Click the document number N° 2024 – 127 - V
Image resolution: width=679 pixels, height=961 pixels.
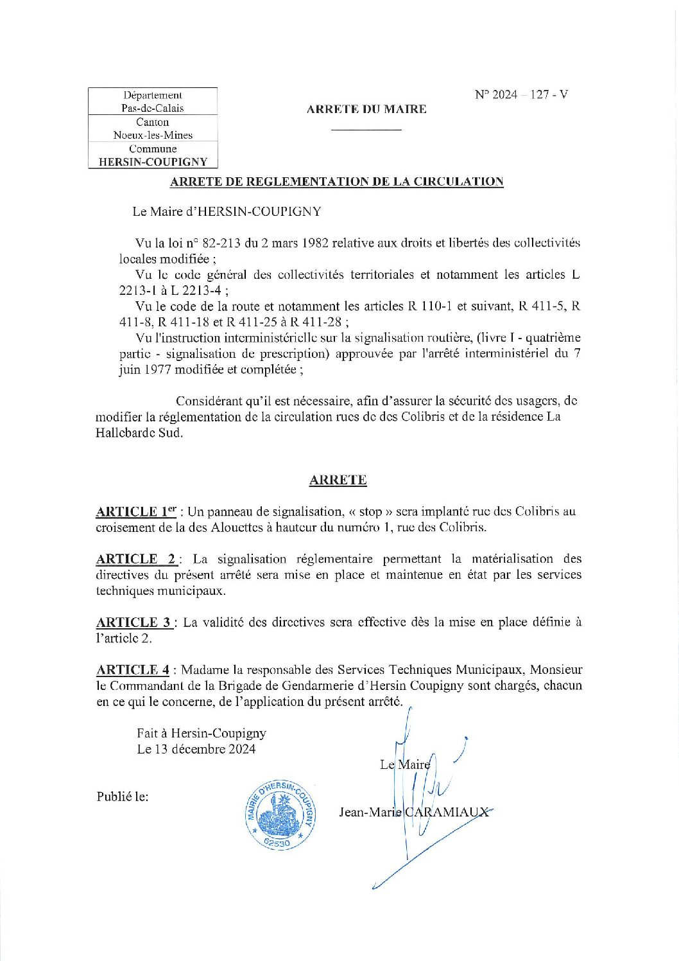point(521,94)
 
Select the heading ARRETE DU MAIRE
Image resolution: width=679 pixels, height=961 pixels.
point(366,109)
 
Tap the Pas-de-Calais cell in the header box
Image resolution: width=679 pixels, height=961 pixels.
point(153,108)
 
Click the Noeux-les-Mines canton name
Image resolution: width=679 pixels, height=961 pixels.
point(153,135)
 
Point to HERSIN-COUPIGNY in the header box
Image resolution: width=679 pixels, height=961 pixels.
point(153,162)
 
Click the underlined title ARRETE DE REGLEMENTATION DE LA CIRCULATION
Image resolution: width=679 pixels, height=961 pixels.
point(336,182)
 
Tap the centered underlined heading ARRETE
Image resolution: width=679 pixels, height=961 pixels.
point(338,480)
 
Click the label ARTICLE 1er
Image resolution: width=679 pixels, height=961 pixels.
point(136,511)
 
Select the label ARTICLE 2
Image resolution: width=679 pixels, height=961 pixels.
point(135,559)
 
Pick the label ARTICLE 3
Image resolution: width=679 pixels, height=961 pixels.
point(133,622)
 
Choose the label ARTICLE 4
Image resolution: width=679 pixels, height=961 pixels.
point(133,669)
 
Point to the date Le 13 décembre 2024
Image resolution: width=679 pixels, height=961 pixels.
point(196,749)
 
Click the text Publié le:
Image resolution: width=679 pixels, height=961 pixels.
point(123,797)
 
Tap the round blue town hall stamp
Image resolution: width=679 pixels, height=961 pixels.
point(280,815)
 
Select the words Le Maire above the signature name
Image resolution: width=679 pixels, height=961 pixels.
point(404,764)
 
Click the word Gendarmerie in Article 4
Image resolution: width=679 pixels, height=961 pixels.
point(371,685)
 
